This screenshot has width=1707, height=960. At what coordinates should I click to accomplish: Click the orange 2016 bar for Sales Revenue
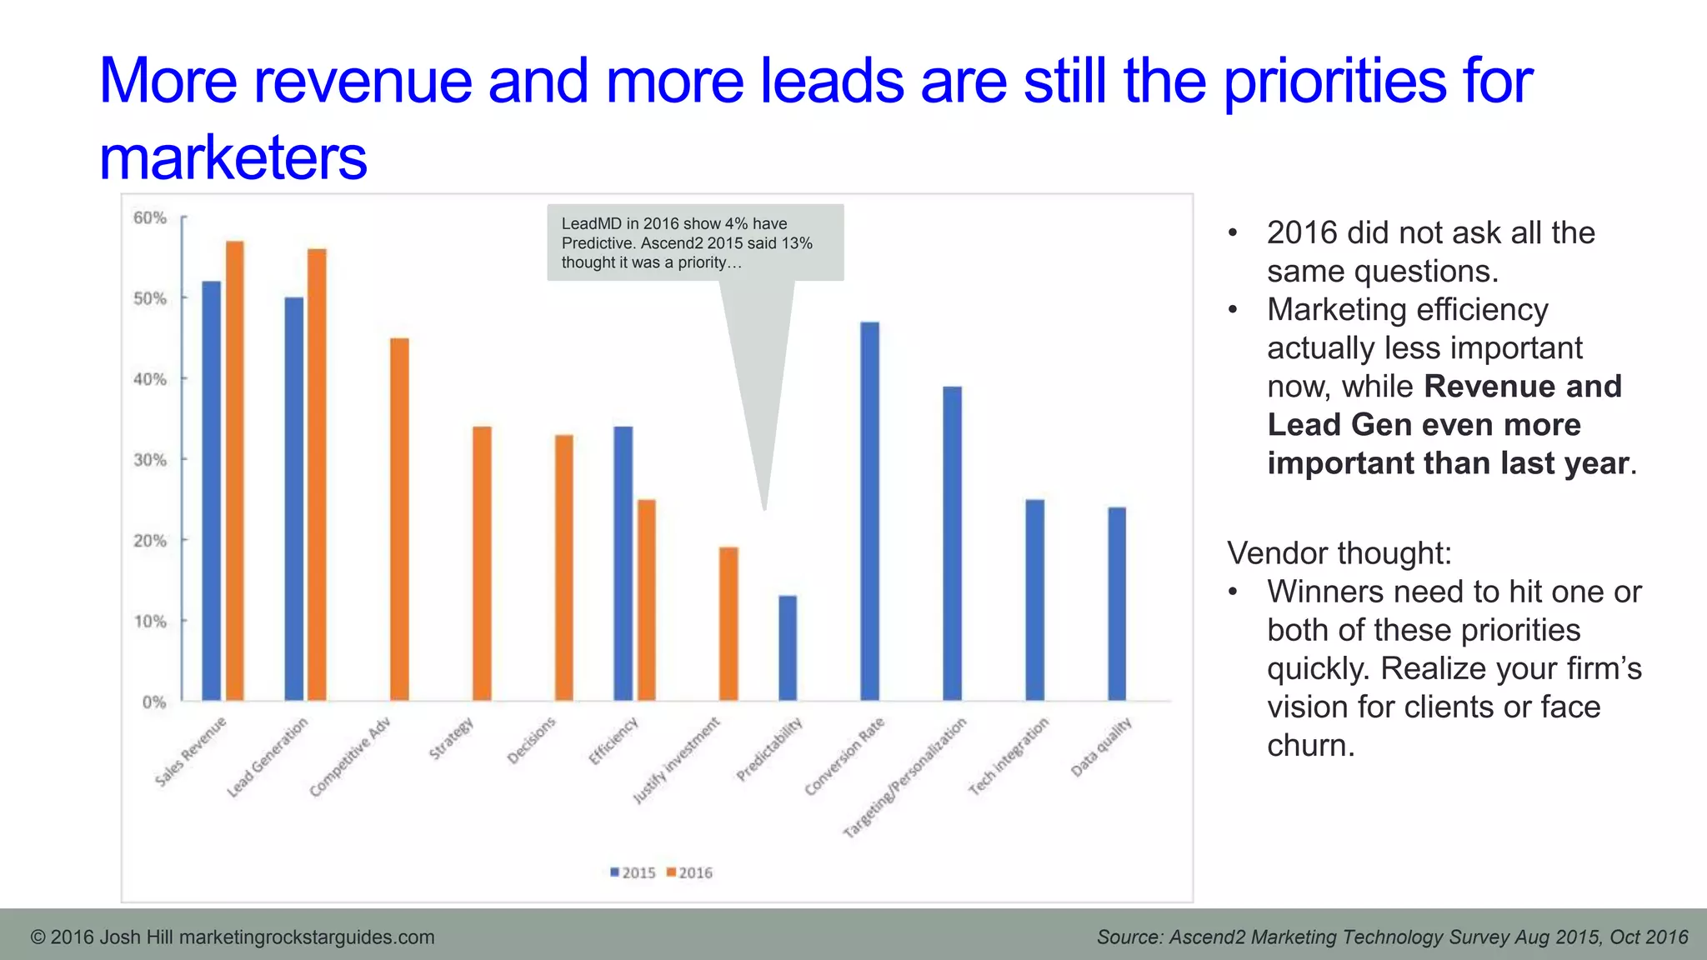point(235,471)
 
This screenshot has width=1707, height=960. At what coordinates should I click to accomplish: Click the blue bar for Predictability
point(788,647)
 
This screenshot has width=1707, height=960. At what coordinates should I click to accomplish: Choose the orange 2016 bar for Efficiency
point(647,600)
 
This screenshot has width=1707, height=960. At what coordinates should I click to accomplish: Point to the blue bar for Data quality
point(1117,603)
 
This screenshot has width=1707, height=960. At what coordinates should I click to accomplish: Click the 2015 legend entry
point(633,872)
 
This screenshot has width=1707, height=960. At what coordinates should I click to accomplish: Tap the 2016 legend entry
point(689,872)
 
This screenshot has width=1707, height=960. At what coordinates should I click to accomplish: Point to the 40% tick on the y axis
point(150,379)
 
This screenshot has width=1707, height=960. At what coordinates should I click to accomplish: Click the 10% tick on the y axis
point(150,622)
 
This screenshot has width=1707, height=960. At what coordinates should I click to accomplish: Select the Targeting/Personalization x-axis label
point(905,777)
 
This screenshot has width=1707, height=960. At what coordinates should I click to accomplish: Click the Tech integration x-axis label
point(1009,756)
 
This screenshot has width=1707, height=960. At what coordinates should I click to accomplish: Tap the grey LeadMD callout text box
point(694,242)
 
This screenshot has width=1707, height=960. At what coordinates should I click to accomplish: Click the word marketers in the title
point(233,157)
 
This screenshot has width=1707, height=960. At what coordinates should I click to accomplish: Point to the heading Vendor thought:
point(1339,553)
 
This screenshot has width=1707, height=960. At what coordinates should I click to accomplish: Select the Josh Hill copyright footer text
point(233,937)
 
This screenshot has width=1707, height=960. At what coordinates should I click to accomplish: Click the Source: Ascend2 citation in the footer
point(1392,937)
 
